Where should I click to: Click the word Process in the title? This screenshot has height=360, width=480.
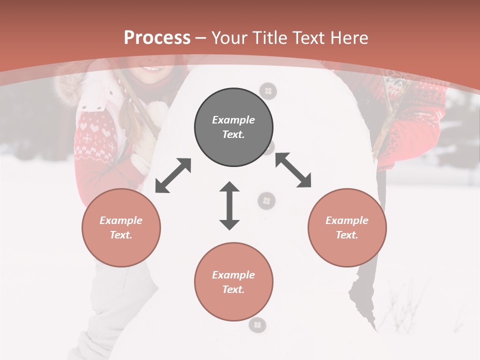[x=157, y=37]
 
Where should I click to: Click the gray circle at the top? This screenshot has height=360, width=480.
[x=233, y=127]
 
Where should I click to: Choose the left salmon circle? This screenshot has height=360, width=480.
[x=121, y=227]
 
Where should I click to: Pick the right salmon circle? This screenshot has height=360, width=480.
[x=347, y=227]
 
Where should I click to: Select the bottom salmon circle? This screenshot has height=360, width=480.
[x=233, y=282]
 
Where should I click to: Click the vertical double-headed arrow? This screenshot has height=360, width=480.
[x=229, y=205]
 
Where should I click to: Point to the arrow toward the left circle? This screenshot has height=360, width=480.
[x=173, y=175]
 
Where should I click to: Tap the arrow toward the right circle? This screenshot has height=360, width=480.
[x=293, y=170]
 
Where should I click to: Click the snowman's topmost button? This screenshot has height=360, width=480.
[x=268, y=91]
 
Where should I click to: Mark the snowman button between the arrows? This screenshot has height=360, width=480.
[x=266, y=201]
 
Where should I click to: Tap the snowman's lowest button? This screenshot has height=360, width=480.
[x=257, y=325]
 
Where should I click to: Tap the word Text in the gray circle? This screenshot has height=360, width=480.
[x=233, y=134]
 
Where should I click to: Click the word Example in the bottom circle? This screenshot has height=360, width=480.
[x=233, y=275]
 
